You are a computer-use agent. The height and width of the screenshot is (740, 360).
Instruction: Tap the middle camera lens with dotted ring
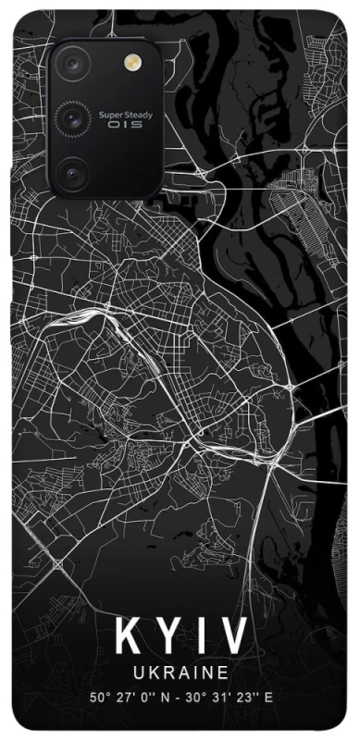tap(72, 117)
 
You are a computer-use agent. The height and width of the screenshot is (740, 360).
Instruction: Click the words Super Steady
tap(120, 116)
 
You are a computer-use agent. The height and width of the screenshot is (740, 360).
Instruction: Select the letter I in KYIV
tap(204, 636)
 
